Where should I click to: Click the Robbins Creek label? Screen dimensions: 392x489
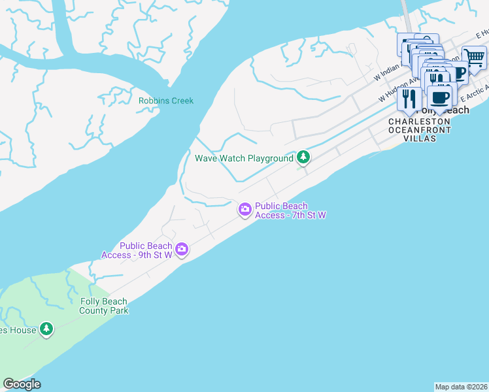(166, 101)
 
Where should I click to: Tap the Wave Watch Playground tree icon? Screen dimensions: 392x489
(303, 157)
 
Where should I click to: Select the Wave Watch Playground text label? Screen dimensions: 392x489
(244, 158)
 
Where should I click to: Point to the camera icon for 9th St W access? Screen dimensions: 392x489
(182, 249)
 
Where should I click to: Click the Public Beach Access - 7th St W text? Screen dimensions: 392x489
(290, 210)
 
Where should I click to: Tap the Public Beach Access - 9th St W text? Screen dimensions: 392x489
(137, 250)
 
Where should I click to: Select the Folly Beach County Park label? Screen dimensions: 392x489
(104, 306)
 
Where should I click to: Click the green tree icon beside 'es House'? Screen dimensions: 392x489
(46, 329)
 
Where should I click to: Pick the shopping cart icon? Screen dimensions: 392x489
(474, 59)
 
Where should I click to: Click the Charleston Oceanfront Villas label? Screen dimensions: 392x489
(419, 130)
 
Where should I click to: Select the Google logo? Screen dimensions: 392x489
(22, 384)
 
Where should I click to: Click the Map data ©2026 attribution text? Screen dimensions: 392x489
(462, 387)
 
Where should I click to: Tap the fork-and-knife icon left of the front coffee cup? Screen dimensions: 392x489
(409, 98)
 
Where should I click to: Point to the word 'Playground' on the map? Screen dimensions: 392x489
(268, 158)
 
